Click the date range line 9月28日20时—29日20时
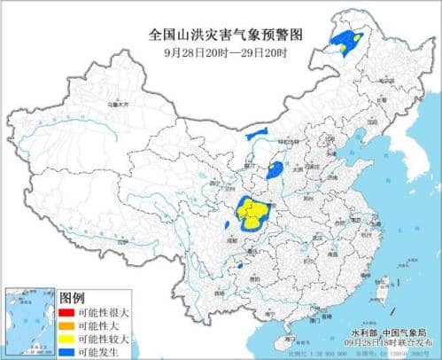click(221, 52)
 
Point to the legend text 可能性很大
click(104, 312)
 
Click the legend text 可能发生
click(99, 350)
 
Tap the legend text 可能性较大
click(104, 338)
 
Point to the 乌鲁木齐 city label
click(115, 105)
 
